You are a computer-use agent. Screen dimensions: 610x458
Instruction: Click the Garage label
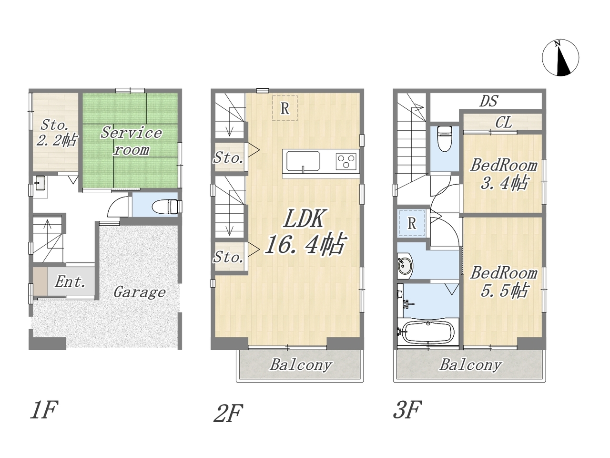tap(140, 292)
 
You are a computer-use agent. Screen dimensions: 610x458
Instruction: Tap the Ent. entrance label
tap(70, 282)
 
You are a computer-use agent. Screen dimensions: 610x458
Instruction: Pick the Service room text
tap(132, 141)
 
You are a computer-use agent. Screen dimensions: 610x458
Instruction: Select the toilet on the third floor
tap(444, 138)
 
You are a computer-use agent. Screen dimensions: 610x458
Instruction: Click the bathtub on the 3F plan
tap(428, 333)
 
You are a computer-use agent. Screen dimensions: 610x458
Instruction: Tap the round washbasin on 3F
tap(405, 266)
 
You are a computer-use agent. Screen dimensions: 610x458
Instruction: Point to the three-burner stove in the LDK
tap(346, 161)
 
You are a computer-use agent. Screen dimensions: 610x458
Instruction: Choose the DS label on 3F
tap(488, 101)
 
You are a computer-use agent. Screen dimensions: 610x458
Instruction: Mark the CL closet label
tap(503, 122)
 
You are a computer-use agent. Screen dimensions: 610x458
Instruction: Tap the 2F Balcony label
tap(301, 365)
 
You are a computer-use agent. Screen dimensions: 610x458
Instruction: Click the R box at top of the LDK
tap(285, 108)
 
